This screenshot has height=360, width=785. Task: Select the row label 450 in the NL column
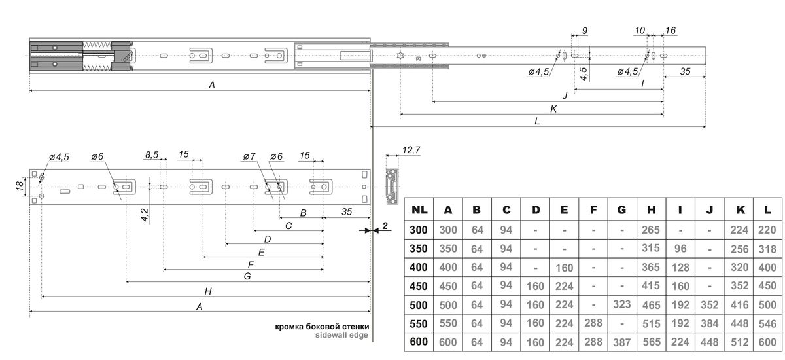tap(420, 285)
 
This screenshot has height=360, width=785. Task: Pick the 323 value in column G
tap(621, 304)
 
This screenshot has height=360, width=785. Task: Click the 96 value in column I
tap(681, 249)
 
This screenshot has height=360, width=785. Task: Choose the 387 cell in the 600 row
tap(621, 342)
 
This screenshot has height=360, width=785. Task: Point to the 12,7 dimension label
tap(411, 151)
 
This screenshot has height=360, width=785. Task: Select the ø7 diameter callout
tap(249, 157)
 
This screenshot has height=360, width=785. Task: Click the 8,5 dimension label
tap(152, 155)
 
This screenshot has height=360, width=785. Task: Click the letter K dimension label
tap(553, 109)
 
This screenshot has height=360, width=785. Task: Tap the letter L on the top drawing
tap(537, 122)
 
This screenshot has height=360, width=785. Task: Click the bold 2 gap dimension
tap(385, 226)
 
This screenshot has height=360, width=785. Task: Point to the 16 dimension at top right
tap(671, 31)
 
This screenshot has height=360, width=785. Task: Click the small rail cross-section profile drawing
tap(392, 185)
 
